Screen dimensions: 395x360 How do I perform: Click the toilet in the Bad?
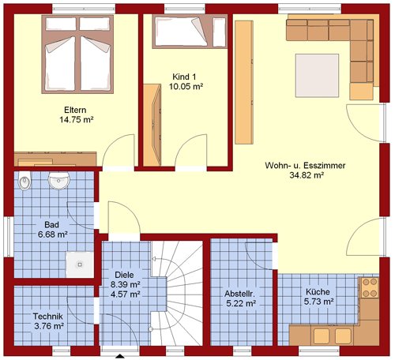coord(24,181)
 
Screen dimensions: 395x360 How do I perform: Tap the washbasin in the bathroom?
coord(58,180)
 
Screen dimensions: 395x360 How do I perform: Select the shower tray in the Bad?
coord(80,264)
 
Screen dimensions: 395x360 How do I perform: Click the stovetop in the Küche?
coord(370,287)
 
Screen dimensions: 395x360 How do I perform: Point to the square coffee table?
coord(317,76)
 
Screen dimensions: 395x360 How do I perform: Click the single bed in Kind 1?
coord(190,32)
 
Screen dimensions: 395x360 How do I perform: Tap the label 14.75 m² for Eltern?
coord(77,120)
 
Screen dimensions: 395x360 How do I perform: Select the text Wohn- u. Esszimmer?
coord(305,166)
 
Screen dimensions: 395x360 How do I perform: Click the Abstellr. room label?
coord(239,294)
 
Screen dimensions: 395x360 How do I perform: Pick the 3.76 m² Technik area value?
coord(49,326)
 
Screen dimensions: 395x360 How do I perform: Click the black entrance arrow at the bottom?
coord(120,356)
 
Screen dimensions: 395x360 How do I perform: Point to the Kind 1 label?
coord(184,77)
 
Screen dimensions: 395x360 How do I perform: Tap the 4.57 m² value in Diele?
coord(125,294)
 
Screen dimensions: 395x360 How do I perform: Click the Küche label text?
coord(318,292)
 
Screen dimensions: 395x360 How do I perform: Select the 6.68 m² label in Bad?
coord(53,234)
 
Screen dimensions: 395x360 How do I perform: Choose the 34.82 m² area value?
coord(307,175)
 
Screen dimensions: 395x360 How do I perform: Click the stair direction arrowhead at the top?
coord(154,259)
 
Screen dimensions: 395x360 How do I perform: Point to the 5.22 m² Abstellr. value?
coord(241,303)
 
